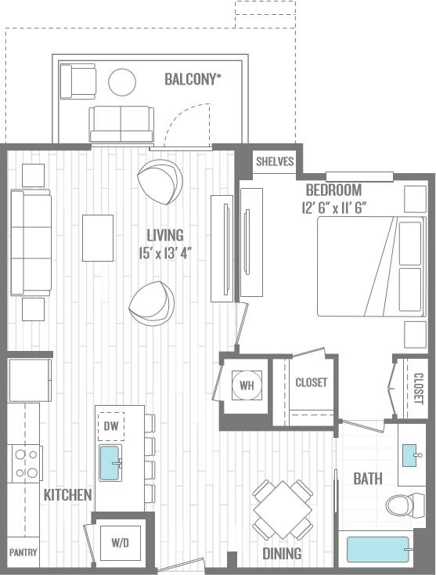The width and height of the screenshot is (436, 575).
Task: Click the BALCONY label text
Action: [193, 79]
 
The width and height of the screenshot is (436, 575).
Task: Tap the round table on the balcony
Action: [121, 82]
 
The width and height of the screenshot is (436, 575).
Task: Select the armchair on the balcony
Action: [77, 81]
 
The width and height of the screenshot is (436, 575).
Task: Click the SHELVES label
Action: [275, 162]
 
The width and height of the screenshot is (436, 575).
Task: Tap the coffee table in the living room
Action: [98, 237]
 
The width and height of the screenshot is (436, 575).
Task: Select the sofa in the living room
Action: [31, 242]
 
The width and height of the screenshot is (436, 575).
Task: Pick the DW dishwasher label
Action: [110, 426]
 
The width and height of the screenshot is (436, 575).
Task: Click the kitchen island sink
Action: [110, 463]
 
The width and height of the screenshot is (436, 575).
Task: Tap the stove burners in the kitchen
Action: [27, 463]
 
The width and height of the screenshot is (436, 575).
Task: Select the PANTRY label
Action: [23, 552]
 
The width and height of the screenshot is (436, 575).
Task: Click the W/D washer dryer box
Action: [120, 542]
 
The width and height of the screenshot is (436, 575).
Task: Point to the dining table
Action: [283, 509]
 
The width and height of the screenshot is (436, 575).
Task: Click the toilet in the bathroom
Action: [404, 504]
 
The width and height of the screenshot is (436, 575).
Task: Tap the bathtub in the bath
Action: [380, 549]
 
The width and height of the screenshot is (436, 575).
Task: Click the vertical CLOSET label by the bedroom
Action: [418, 388]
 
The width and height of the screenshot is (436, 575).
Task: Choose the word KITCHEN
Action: [67, 495]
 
